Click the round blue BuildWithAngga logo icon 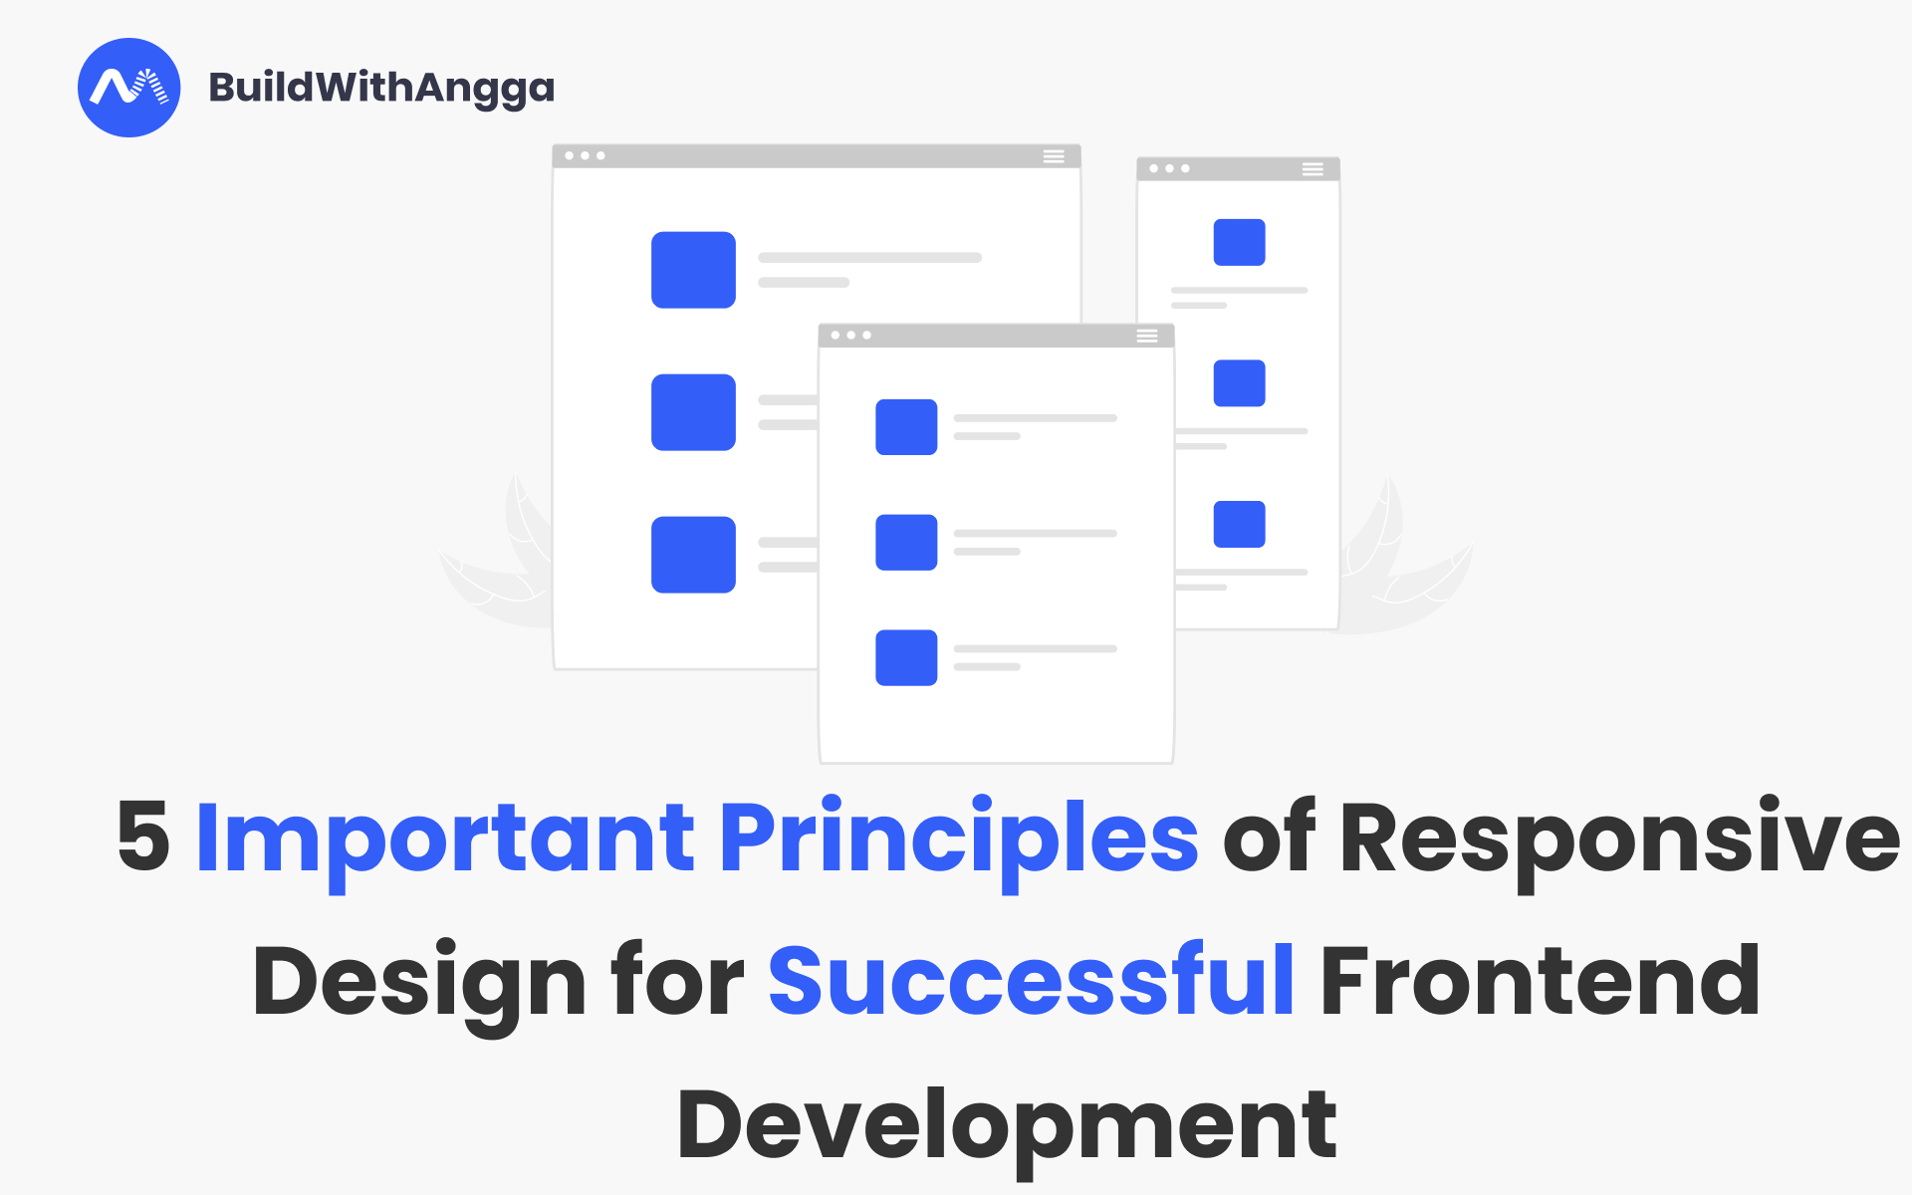click(x=129, y=88)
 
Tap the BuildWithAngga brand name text click(x=381, y=88)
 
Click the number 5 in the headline click(x=143, y=836)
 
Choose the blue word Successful click(x=1032, y=981)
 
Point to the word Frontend click(x=1540, y=981)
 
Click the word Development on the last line click(x=1006, y=1125)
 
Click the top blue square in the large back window click(x=693, y=270)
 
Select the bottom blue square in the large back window click(x=693, y=555)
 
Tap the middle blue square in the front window click(x=906, y=543)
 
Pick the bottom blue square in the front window click(x=906, y=657)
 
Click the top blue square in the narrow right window click(x=1239, y=242)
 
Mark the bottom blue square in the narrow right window click(x=1239, y=524)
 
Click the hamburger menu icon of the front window click(x=1147, y=337)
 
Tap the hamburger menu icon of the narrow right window click(x=1313, y=169)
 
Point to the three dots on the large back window click(x=585, y=156)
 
